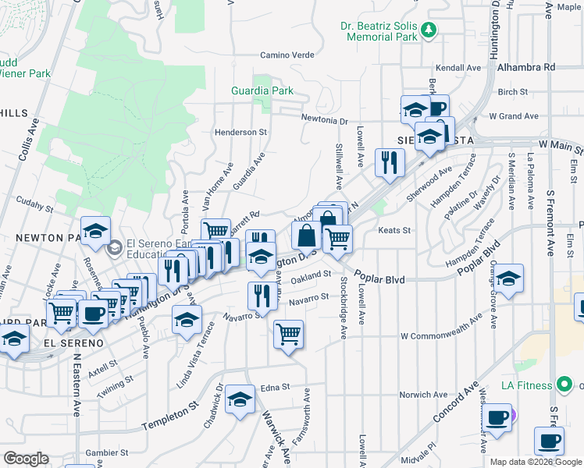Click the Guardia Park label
click(x=262, y=90)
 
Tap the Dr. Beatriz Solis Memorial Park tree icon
click(x=427, y=30)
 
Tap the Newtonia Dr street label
click(x=325, y=121)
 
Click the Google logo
click(x=26, y=459)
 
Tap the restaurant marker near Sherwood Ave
click(x=389, y=161)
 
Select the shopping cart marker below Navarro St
click(x=288, y=334)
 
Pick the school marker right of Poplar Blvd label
click(x=508, y=278)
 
